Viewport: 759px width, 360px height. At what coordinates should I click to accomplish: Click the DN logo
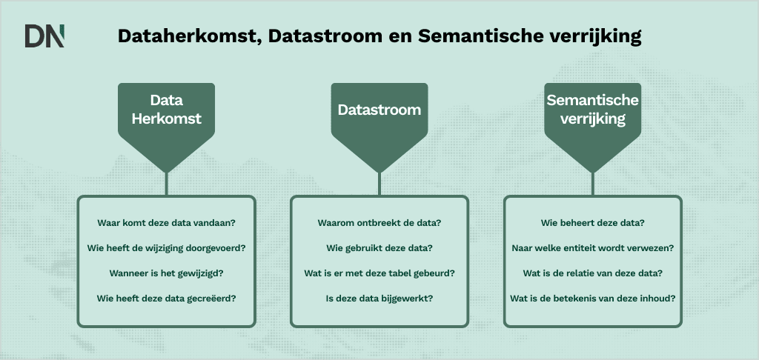[x=45, y=36]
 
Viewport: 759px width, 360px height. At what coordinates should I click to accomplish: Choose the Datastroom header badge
[x=379, y=110]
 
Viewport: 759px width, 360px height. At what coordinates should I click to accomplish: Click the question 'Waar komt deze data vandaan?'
[x=166, y=223]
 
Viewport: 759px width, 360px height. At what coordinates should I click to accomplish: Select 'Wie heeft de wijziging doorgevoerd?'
[x=166, y=248]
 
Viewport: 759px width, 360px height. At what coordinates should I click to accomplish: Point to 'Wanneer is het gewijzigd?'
[x=166, y=273]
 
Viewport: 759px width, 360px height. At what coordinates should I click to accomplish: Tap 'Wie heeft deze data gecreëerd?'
[x=166, y=299]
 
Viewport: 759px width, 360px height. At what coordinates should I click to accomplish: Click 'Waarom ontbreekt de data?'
[x=379, y=223]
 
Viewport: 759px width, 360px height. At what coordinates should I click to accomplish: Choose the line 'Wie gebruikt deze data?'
[x=379, y=248]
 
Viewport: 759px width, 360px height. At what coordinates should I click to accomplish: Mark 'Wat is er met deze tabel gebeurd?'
[x=379, y=273]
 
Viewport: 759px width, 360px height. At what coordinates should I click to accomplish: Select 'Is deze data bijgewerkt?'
[x=379, y=299]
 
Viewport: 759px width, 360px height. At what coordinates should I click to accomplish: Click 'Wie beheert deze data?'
[x=592, y=223]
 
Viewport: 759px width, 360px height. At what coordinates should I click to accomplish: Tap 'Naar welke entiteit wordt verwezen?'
[x=592, y=248]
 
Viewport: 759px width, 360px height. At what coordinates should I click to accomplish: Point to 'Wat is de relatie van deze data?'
[x=592, y=273]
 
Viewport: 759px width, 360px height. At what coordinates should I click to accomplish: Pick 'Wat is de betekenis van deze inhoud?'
[x=592, y=299]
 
